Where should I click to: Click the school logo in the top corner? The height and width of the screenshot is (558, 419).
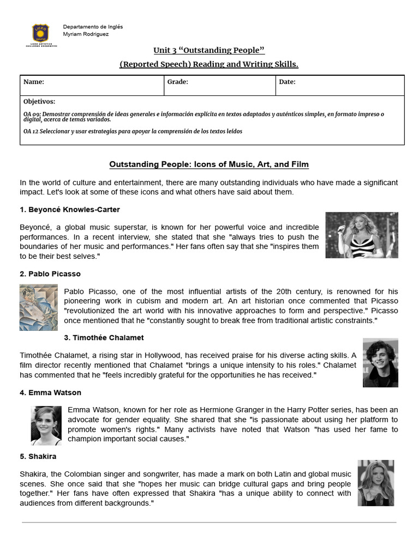coord(41,34)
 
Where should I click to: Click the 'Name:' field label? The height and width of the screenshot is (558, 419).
coord(34,82)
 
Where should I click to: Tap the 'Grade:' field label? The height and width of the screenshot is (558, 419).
coord(178,82)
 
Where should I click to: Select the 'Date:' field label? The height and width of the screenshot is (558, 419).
coord(287,82)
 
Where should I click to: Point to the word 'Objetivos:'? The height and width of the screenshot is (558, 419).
coord(39,101)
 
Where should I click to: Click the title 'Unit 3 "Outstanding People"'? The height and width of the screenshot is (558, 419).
coord(209,50)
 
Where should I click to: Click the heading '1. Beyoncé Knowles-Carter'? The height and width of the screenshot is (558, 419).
coord(70,210)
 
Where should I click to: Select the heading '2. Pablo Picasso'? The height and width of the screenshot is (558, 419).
coord(50,274)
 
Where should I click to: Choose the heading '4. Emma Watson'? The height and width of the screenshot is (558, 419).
coord(51,392)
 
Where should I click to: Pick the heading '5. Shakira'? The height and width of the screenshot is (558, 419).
coord(38,456)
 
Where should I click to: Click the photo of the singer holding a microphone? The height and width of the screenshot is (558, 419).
coord(362,235)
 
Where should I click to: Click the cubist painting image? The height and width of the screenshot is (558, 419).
coord(38,307)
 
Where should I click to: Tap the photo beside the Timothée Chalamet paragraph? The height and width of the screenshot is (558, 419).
coord(380,362)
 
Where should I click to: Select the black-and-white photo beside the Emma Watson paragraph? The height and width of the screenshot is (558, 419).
coord(46,425)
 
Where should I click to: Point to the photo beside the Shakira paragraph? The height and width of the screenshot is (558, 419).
coord(375,483)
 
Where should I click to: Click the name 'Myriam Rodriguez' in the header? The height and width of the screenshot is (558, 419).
coord(86,34)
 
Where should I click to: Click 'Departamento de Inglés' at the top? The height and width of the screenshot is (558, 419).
coord(93,27)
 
